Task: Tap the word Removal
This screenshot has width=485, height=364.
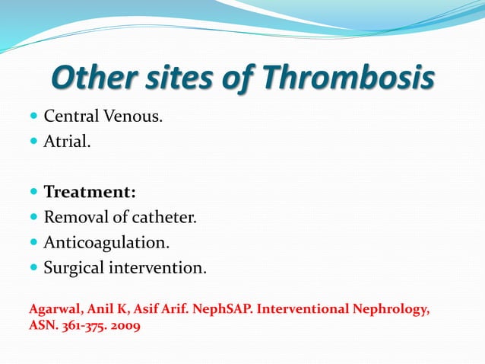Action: (74, 218)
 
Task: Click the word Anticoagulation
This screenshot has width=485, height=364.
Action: (106, 243)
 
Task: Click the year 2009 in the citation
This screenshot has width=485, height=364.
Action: (122, 327)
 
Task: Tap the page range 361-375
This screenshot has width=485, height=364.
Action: (78, 327)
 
